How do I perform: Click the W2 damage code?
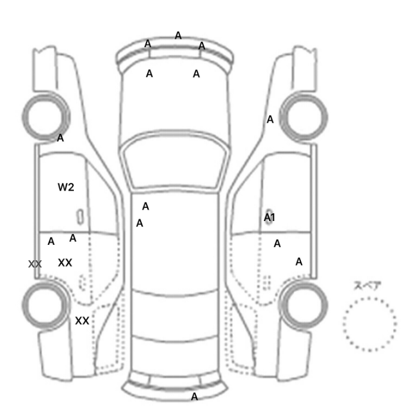coord(66,187)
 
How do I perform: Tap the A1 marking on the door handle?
coord(269,217)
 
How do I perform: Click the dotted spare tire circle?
coord(369,298)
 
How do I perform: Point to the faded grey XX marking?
coord(35,264)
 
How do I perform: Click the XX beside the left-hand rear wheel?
coord(82,320)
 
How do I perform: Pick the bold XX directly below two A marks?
coord(65,263)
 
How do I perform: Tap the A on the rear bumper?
coord(194,397)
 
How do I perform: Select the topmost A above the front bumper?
coord(178,35)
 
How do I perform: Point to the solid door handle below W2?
coord(80,217)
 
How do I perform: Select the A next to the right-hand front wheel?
coord(270,119)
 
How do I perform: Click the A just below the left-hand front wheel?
coord(60,138)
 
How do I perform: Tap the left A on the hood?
coord(149,74)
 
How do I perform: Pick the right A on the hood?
coord(196,74)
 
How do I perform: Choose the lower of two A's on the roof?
coord(139,223)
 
